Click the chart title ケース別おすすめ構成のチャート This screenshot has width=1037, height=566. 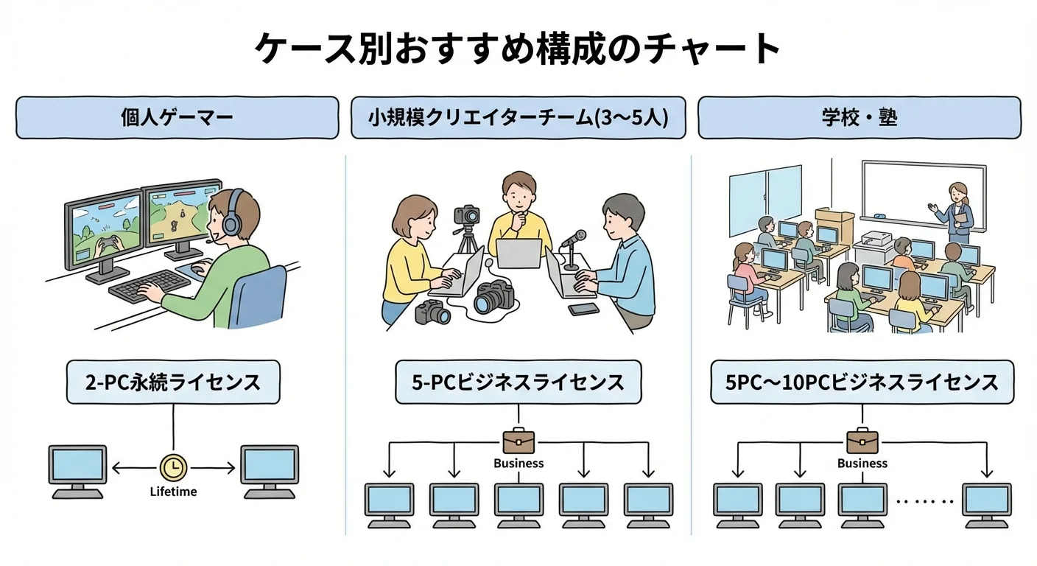(x=518, y=48)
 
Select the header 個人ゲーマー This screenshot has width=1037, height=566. (x=177, y=118)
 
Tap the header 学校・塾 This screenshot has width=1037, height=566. (x=860, y=118)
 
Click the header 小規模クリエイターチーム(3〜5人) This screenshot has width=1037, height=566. (x=518, y=118)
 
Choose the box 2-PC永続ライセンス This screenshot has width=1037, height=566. (x=173, y=382)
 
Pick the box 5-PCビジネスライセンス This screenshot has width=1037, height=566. (x=518, y=382)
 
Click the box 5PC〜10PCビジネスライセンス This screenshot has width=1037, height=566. (x=862, y=382)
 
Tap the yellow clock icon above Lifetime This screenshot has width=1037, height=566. (x=174, y=468)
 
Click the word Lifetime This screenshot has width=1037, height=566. (x=174, y=492)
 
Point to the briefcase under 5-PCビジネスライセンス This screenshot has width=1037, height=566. (x=518, y=441)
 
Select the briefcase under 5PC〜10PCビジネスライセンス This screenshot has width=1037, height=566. (x=862, y=441)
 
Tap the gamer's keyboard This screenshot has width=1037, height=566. (x=149, y=285)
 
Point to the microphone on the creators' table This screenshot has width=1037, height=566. (x=573, y=249)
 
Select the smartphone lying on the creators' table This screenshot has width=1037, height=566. (x=583, y=309)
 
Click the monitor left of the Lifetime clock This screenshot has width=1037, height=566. (x=78, y=472)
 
